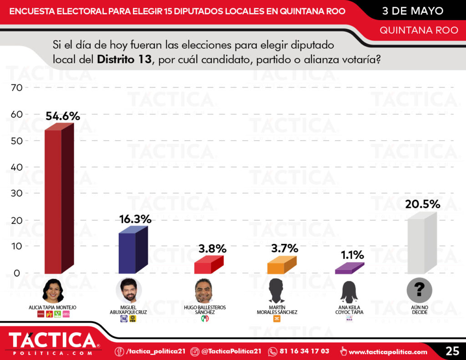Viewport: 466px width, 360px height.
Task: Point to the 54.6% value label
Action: pyautogui.click(x=63, y=116)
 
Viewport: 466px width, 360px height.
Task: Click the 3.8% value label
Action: pyautogui.click(x=212, y=248)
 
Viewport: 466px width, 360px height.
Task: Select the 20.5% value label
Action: pyautogui.click(x=423, y=204)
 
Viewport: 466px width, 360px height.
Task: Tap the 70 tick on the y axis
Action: pyautogui.click(x=16, y=88)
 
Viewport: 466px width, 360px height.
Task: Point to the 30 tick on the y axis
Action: pyautogui.click(x=16, y=193)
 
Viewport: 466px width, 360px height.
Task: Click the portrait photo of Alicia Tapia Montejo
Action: pyautogui.click(x=53, y=291)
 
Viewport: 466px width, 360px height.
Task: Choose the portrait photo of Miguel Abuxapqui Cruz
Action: pyautogui.click(x=129, y=291)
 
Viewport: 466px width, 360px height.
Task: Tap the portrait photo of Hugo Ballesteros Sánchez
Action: pyautogui.click(x=204, y=291)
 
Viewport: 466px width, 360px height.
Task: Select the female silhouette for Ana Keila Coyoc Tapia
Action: pyautogui.click(x=349, y=292)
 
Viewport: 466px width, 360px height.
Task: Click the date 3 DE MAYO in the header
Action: pyautogui.click(x=412, y=10)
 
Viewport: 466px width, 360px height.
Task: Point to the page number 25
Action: pyautogui.click(x=452, y=351)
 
